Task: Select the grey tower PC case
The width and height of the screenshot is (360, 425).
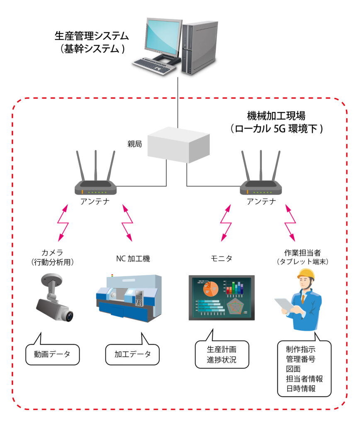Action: pos(199,47)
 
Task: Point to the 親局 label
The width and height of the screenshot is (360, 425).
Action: pos(135,144)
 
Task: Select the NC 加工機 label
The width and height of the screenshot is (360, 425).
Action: pos(133,259)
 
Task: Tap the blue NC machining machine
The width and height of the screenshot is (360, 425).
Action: pos(129,298)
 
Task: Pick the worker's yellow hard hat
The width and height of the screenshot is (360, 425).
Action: pos(306,274)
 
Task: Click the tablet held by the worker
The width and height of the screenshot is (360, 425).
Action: pos(284,305)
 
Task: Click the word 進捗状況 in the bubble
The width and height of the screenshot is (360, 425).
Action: pos(221,360)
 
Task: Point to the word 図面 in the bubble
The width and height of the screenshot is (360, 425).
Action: pos(293,369)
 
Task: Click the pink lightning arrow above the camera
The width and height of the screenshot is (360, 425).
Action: pos(63,223)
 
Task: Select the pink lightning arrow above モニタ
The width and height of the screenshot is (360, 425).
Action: pos(226,223)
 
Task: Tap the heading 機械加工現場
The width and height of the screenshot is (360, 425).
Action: pos(276,116)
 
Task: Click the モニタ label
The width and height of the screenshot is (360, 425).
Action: pos(221,259)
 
